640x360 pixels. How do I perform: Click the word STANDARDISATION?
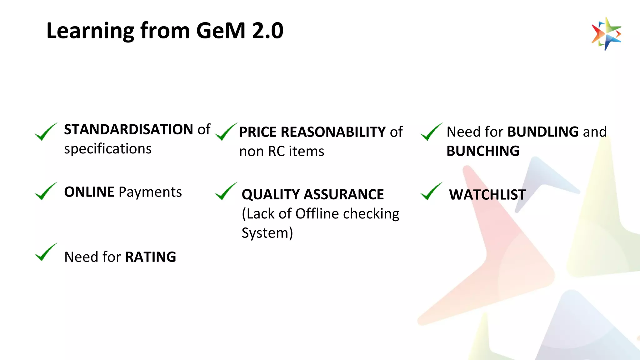128,129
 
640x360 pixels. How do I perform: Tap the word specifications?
108,149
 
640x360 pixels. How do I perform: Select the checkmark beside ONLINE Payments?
46,191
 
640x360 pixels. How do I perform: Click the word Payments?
150,192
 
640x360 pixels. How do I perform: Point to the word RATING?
151,257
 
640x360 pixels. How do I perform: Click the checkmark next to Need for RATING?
46,252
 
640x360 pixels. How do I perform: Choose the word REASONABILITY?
333,132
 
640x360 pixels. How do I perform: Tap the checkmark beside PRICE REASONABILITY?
226,132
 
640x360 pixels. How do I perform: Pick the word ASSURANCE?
344,194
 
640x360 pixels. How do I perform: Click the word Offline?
317,214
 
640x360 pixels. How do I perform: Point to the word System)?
267,233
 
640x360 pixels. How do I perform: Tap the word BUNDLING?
543,132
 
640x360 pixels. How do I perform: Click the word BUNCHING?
483,151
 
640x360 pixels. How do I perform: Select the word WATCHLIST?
487,194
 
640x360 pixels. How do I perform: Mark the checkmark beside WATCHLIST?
431,191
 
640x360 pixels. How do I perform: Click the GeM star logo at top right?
606,34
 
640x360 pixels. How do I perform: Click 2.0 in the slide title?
268,31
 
